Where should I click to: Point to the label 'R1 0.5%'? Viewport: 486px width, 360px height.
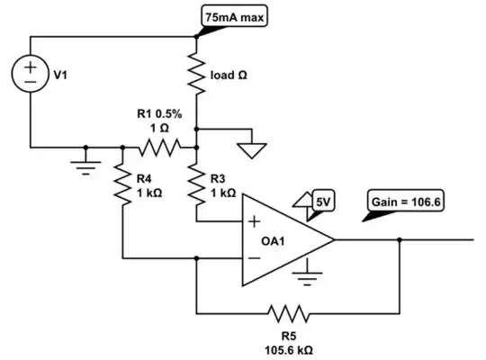click(157, 114)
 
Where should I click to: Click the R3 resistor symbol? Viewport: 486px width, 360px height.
click(196, 184)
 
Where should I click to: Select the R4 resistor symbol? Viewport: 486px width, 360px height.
click(120, 184)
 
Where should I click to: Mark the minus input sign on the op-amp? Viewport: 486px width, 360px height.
click(256, 258)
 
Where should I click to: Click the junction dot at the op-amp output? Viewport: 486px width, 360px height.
click(398, 240)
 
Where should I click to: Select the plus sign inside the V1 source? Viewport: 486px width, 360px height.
click(31, 66)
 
